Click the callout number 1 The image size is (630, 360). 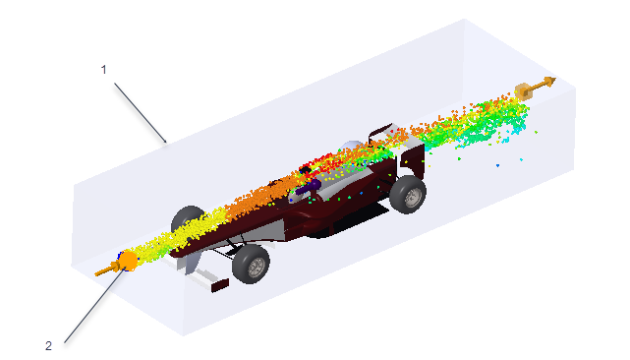point(103,70)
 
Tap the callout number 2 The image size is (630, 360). point(48,345)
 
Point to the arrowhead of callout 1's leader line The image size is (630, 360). point(165,142)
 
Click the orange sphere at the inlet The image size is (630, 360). point(129,261)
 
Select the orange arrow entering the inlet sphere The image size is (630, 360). point(107,270)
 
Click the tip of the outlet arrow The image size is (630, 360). point(556,79)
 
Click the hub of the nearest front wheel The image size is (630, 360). point(256,267)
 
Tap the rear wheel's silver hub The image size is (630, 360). point(412,197)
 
